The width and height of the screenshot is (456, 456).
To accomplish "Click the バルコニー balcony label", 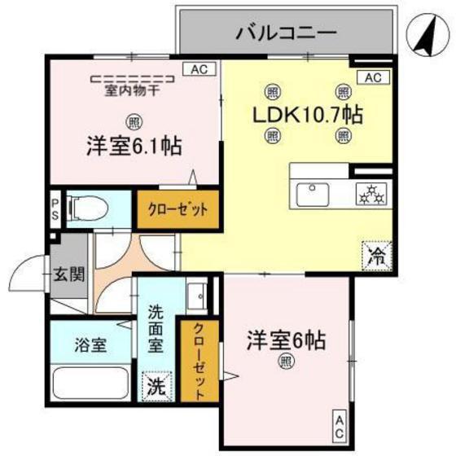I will click(287, 33).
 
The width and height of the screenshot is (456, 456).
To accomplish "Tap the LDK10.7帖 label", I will click(307, 114).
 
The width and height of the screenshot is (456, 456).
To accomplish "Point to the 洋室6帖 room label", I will click(286, 340).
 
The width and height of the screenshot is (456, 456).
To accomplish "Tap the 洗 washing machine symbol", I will click(155, 386).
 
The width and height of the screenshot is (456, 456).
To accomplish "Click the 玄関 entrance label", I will click(69, 274).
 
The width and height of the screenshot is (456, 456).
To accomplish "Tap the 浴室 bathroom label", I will click(90, 344).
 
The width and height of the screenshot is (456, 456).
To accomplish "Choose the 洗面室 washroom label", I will click(156, 327).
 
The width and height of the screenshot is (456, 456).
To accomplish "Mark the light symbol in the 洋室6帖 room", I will click(286, 362).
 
